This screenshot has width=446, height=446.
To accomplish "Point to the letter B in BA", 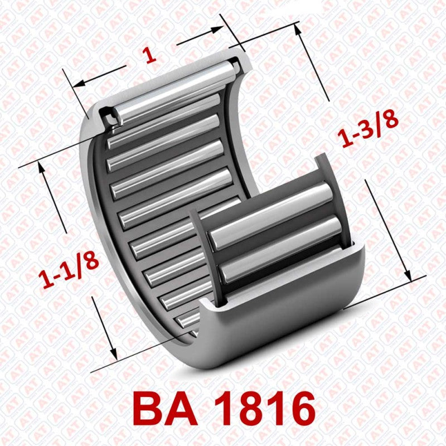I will point(150,410).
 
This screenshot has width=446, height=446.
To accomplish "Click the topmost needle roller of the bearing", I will point(178,89).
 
